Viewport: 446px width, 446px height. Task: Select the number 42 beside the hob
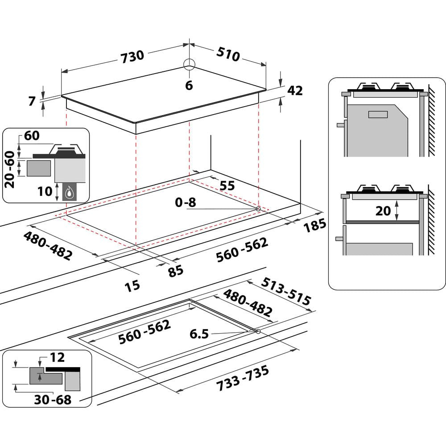tap(295, 91)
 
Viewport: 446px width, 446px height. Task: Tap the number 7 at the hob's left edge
tap(32, 101)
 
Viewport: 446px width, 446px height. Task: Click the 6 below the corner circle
tap(189, 86)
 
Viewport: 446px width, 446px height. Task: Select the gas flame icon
tap(69, 193)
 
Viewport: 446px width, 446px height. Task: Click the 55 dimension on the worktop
tap(227, 186)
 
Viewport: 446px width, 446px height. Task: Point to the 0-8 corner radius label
tap(186, 202)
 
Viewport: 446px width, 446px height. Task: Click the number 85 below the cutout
tap(176, 270)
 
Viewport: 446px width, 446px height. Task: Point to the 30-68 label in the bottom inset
tap(53, 400)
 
